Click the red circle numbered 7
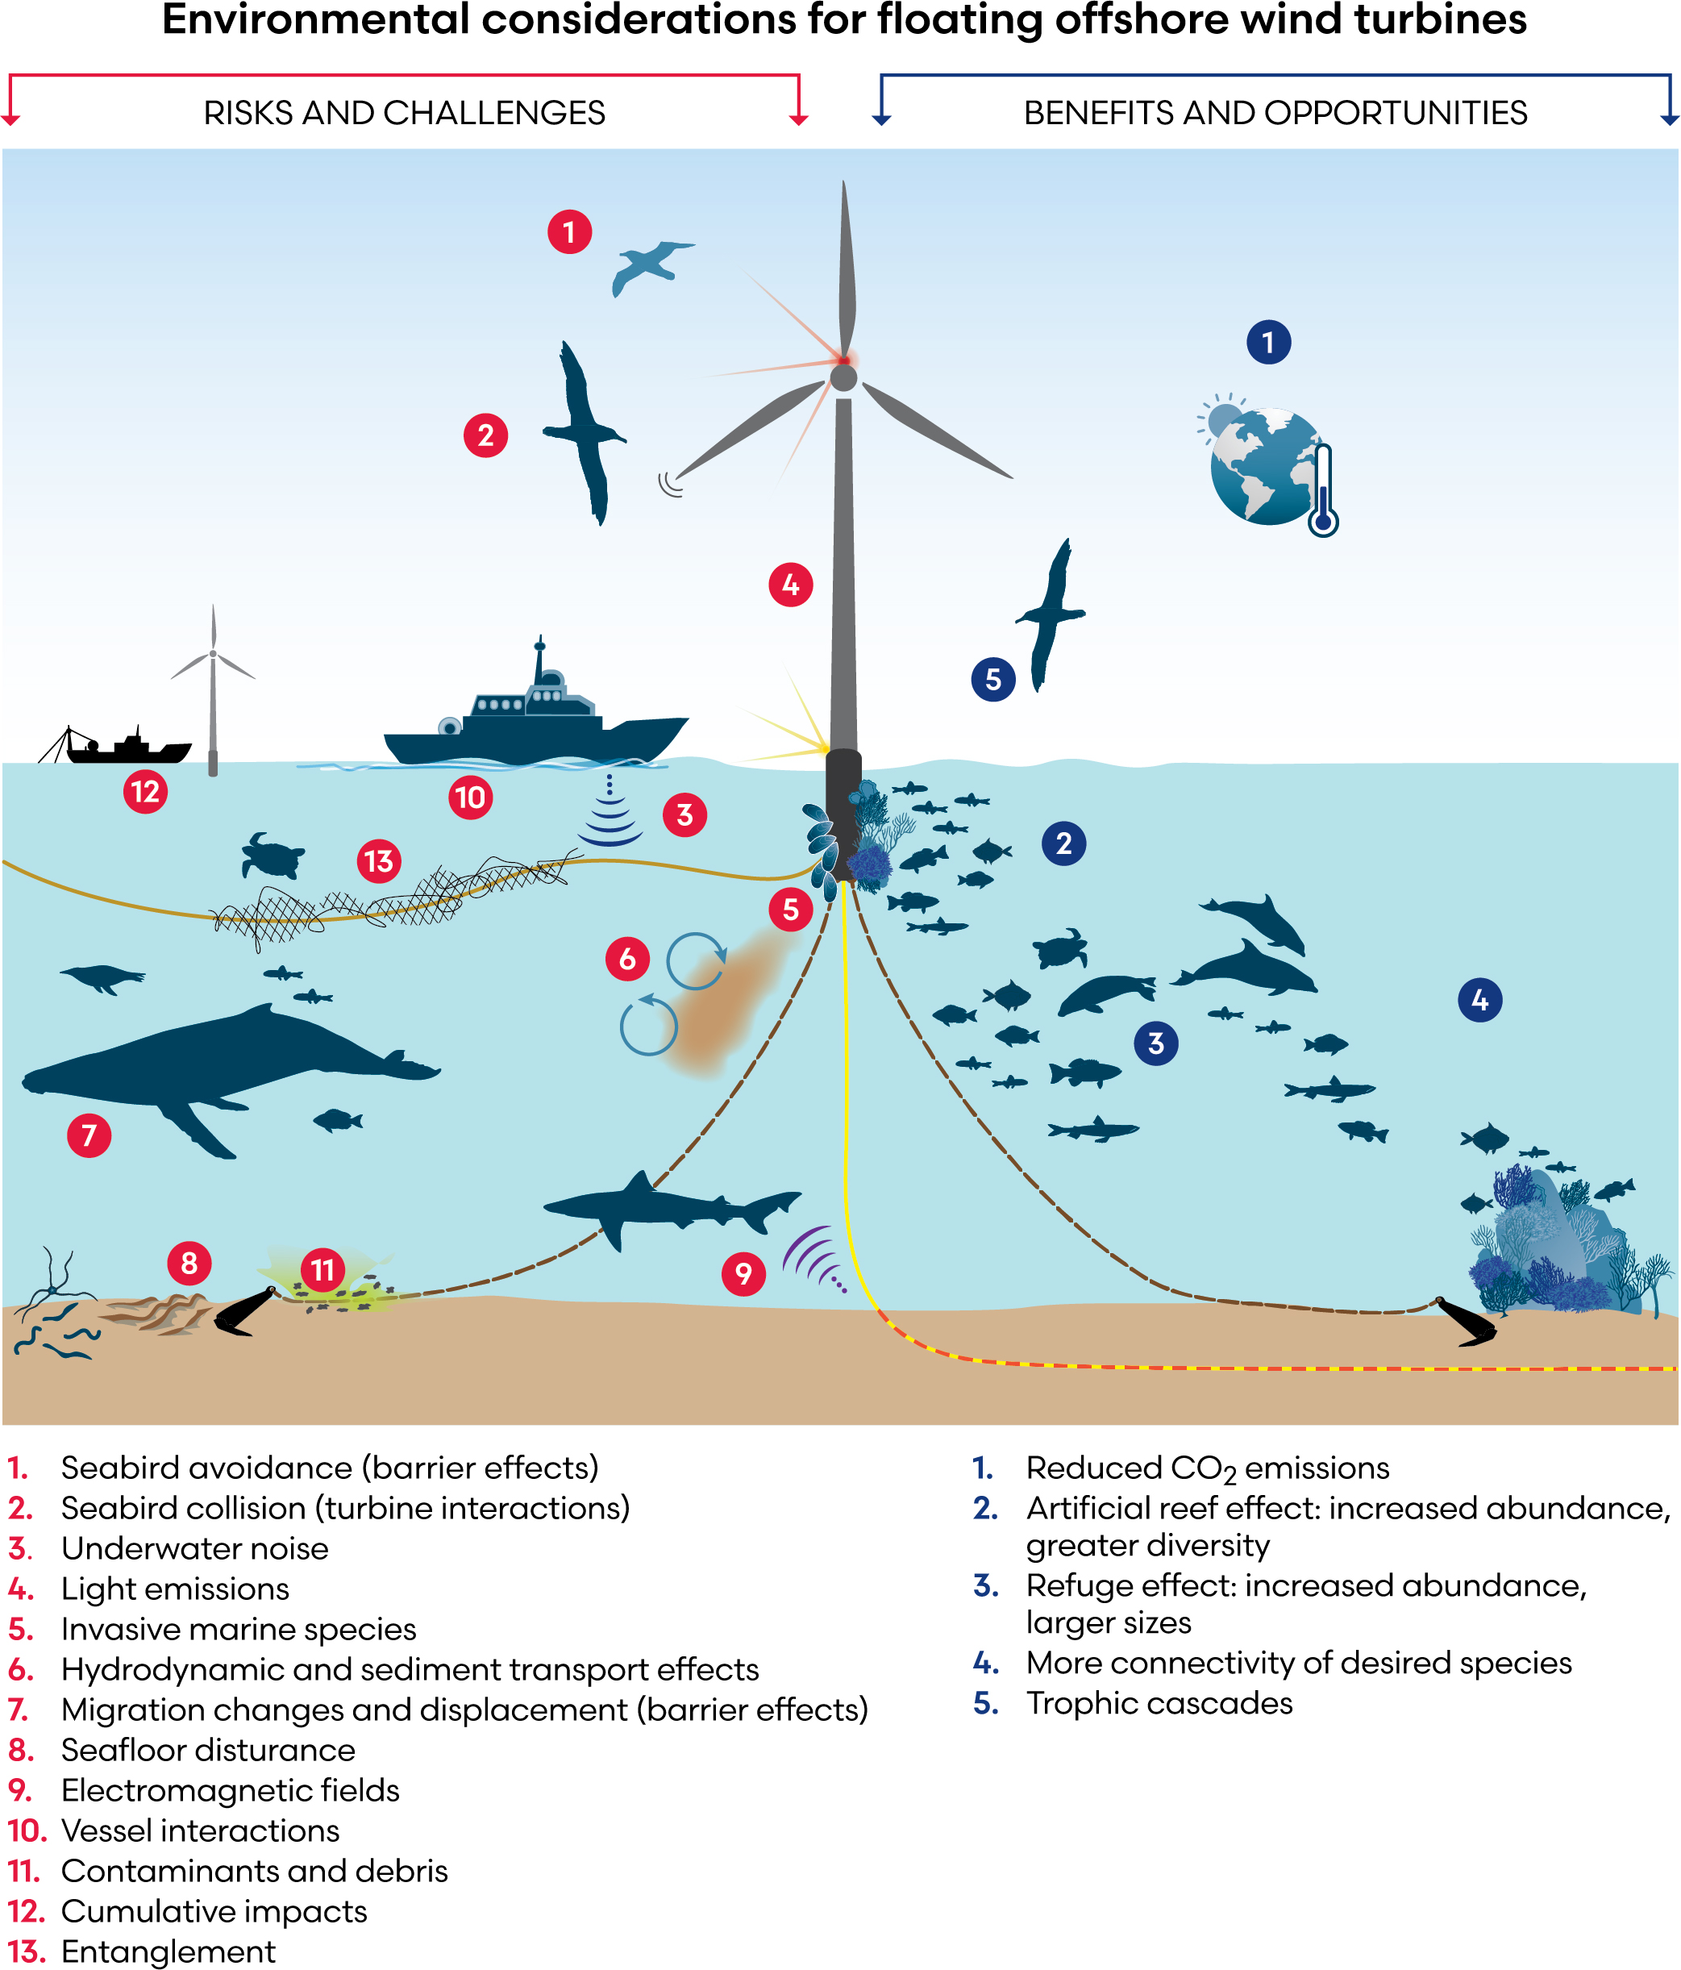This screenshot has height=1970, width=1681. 89,1135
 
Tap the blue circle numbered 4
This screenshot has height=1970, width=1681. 1479,1000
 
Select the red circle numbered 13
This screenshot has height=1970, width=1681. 378,861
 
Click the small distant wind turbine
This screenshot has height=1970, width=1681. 213,685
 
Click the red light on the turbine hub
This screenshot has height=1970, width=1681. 843,360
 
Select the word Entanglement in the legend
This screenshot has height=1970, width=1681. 169,1951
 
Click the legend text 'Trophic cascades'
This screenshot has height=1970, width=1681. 1159,1702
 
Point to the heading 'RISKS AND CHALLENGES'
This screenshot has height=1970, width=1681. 404,113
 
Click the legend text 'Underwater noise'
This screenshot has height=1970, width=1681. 195,1548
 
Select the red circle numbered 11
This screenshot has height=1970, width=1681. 323,1269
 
